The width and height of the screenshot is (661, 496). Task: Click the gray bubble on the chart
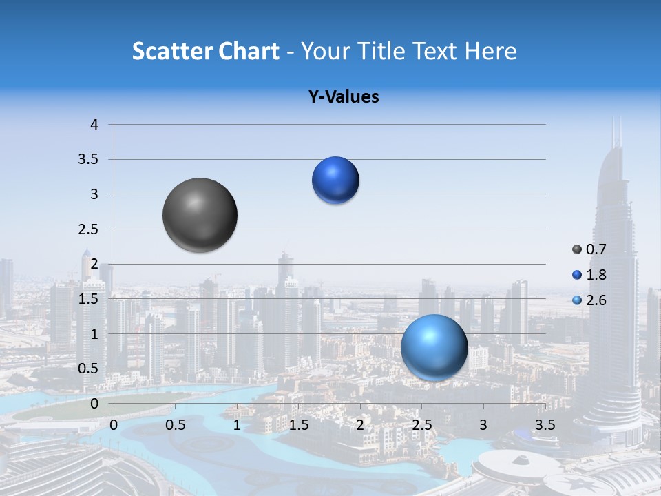[x=200, y=215]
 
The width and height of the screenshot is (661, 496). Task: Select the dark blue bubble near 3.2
[x=335, y=180]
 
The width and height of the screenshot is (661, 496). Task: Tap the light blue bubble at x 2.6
[x=434, y=347]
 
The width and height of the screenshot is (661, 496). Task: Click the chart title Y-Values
[x=344, y=97]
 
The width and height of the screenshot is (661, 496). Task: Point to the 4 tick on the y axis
[x=94, y=125]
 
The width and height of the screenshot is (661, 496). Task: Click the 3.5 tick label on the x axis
[x=545, y=424]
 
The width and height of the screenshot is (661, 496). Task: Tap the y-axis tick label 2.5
[x=89, y=229]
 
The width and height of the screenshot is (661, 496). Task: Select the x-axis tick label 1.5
[x=298, y=424]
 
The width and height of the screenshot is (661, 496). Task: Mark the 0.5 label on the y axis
[x=89, y=369]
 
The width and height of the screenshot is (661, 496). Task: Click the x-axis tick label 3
[x=483, y=424]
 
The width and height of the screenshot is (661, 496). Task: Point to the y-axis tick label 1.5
[x=89, y=299]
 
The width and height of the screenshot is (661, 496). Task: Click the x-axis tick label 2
[x=360, y=424]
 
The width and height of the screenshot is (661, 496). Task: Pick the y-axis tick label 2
[x=94, y=264]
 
